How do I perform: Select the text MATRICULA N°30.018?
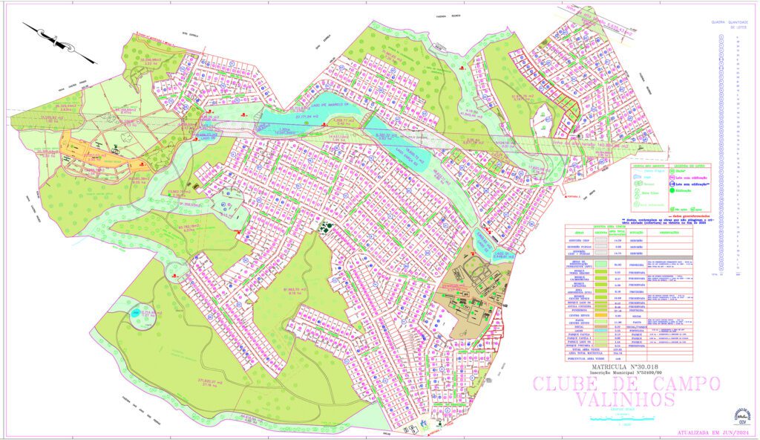(624, 367)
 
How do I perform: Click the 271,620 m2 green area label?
(211, 383)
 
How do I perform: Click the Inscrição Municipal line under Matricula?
(624, 374)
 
